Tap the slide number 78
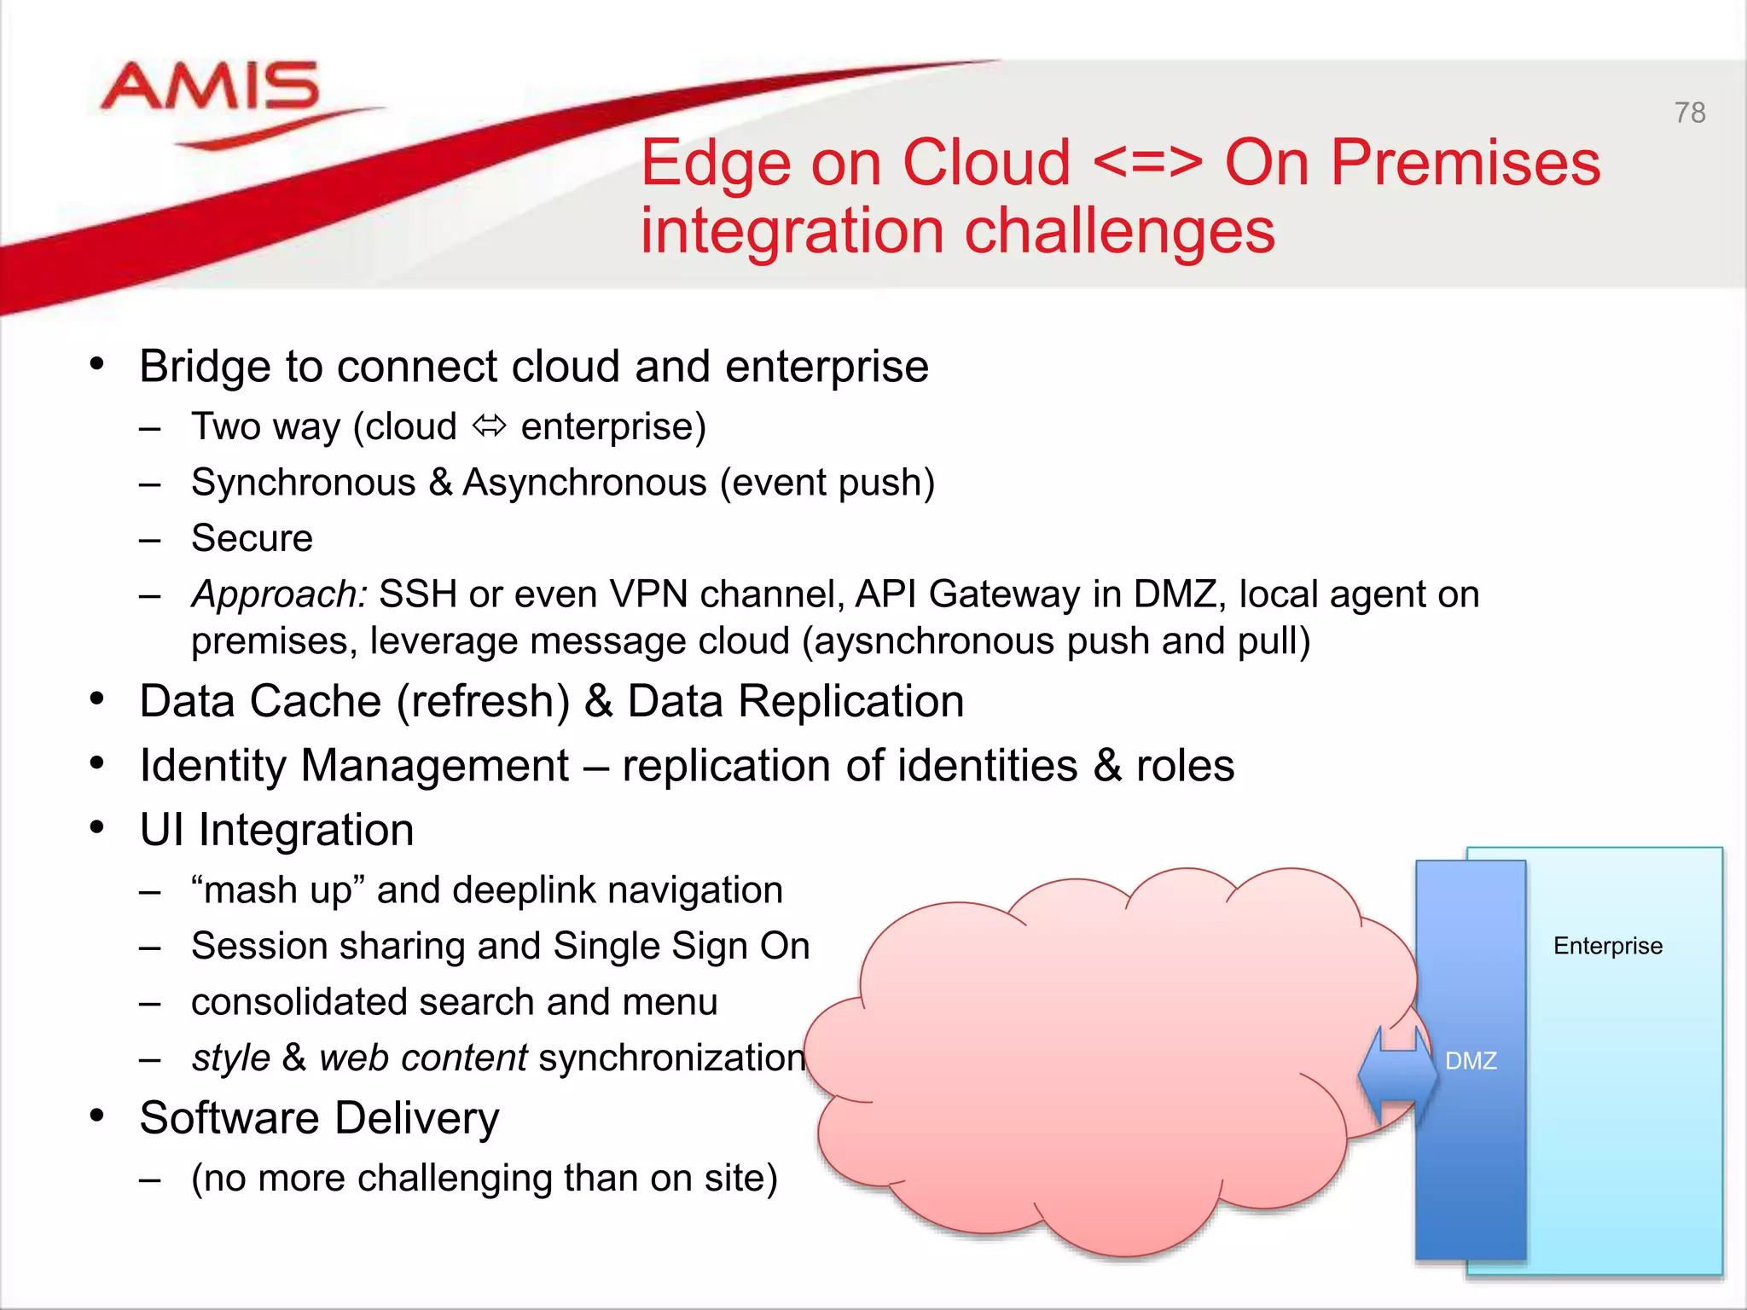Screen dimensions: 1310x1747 click(1689, 113)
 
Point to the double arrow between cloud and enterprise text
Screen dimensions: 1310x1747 click(489, 426)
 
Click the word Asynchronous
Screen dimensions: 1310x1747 click(584, 483)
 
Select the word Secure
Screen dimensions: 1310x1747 click(252, 538)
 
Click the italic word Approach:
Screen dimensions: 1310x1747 click(279, 594)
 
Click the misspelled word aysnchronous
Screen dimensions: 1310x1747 click(934, 641)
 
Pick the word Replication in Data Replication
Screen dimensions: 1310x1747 click(850, 702)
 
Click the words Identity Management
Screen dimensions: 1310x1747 click(354, 765)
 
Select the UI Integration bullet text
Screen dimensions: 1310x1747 click(276, 830)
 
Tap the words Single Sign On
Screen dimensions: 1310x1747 click(681, 946)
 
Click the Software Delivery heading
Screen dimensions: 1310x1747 click(319, 1118)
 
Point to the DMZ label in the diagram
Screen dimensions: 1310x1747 click(1471, 1061)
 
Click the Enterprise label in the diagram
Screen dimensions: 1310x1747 click(1607, 946)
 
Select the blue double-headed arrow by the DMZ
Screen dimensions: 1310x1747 click(1397, 1074)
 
